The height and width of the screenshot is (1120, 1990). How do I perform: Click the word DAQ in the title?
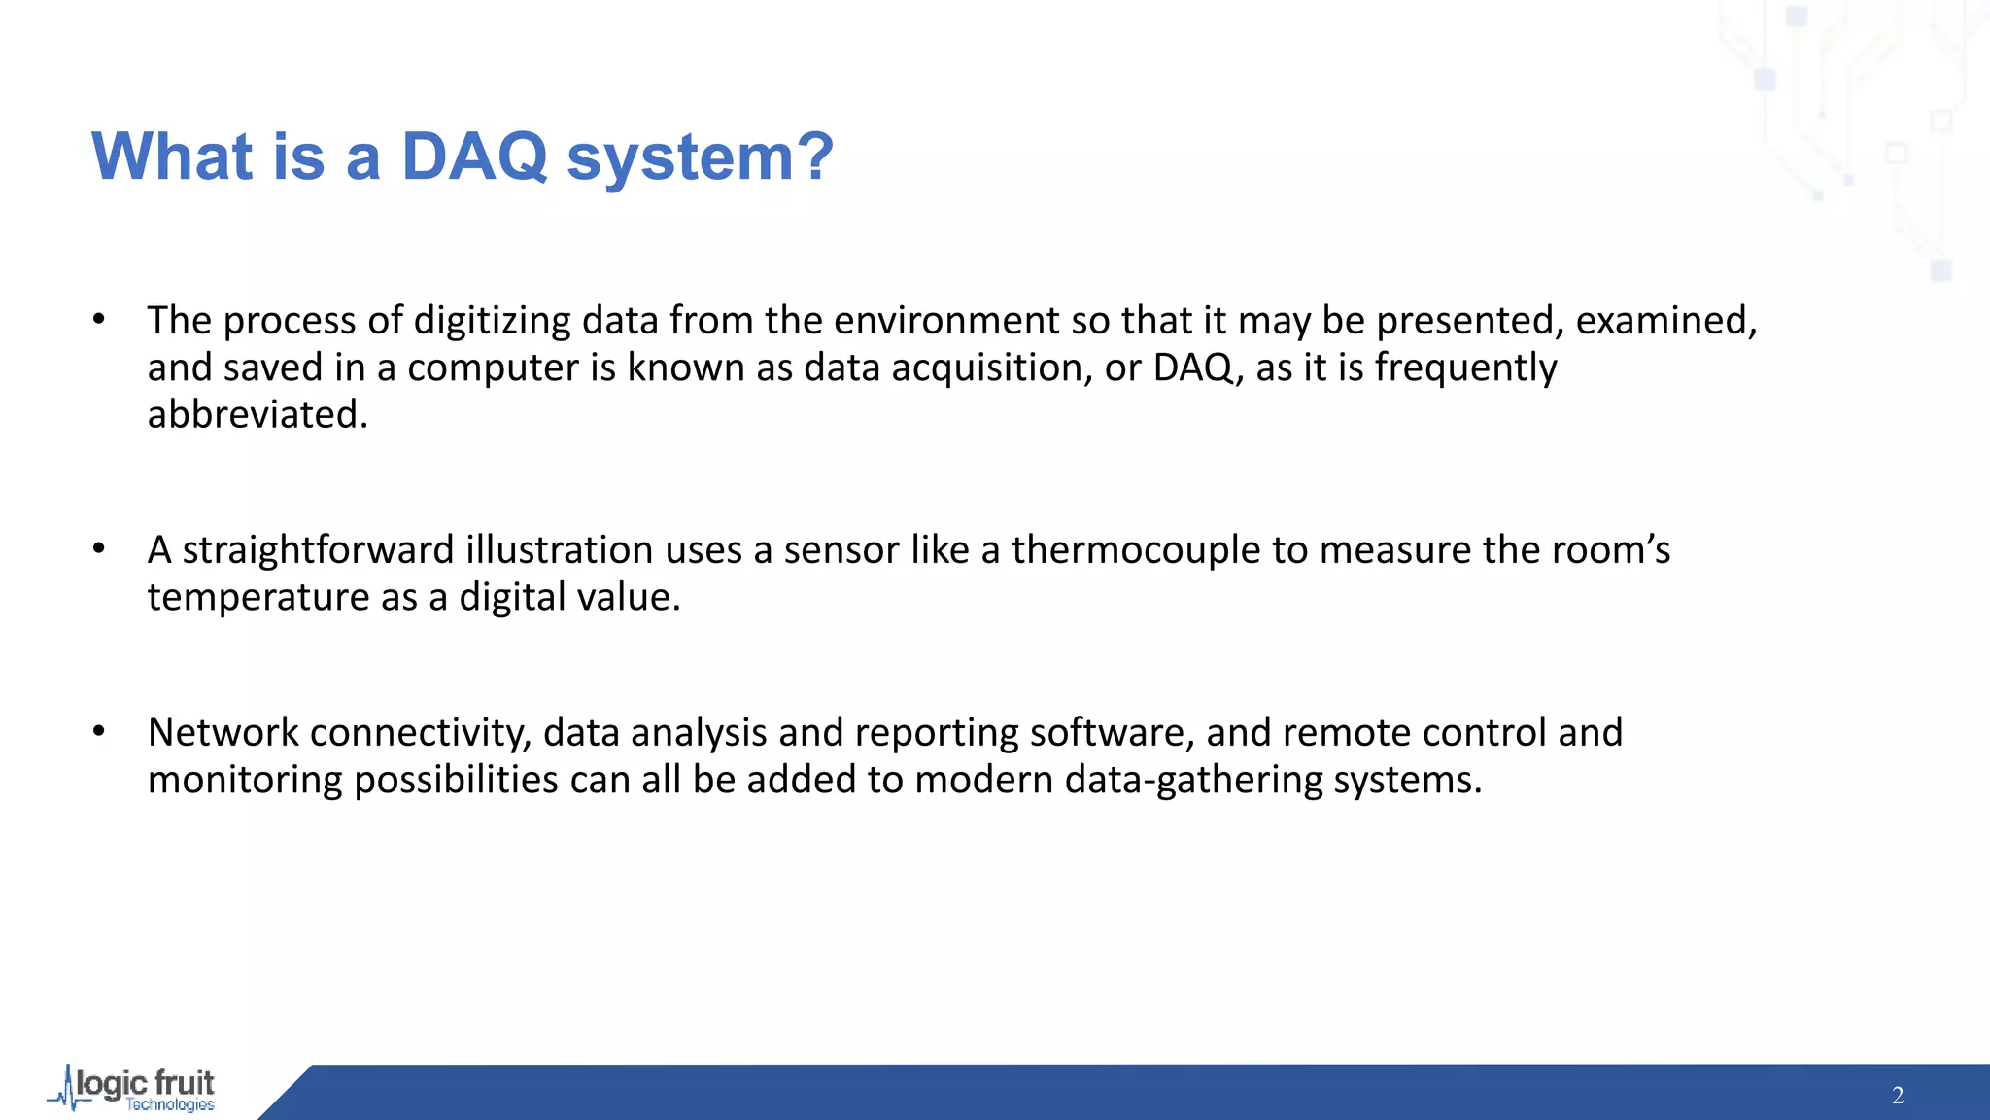tap(475, 157)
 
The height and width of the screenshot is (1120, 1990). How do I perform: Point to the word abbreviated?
tap(257, 415)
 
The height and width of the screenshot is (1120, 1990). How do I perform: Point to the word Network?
tap(223, 733)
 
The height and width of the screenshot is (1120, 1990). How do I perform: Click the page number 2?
tap(1898, 1096)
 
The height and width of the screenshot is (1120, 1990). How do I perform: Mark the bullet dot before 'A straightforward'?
tap(99, 549)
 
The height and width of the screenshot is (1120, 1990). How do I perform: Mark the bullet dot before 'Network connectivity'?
tap(99, 732)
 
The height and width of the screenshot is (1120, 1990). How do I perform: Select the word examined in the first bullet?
tap(1665, 321)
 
